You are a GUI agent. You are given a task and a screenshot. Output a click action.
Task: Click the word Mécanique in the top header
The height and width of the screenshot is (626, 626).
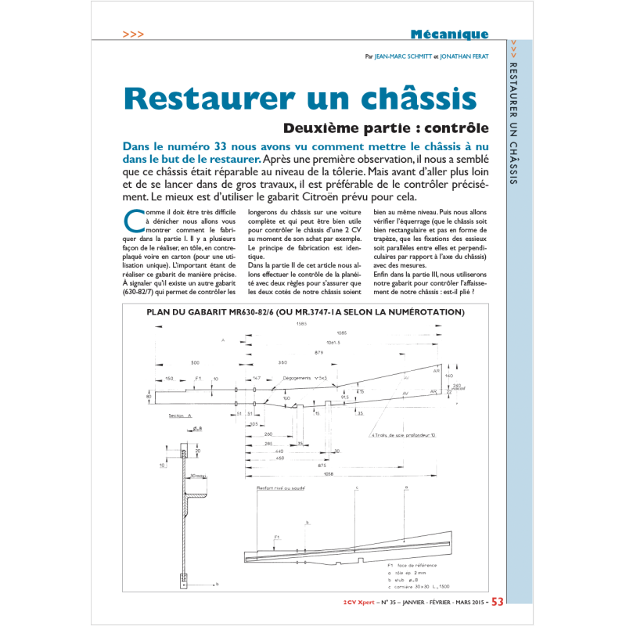pyautogui.click(x=449, y=34)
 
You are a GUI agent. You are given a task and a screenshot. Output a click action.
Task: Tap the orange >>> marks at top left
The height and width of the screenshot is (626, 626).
pyautogui.click(x=133, y=34)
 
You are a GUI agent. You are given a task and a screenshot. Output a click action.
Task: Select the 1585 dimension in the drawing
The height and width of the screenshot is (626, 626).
pyautogui.click(x=300, y=324)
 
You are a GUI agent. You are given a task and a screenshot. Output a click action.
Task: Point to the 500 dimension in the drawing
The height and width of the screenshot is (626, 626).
pyautogui.click(x=194, y=362)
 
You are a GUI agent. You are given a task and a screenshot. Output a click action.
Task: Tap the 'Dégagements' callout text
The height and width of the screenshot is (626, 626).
pyautogui.click(x=300, y=377)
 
